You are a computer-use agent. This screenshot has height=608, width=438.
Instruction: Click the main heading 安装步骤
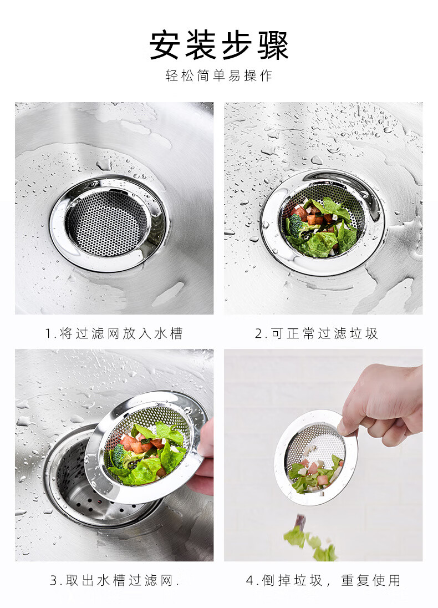219,45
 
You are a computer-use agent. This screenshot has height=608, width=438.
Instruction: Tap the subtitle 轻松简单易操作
219,75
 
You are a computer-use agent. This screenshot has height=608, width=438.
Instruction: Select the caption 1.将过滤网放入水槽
114,333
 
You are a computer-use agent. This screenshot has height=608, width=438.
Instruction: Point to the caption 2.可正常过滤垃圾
316,333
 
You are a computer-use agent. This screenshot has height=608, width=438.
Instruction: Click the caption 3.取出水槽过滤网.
114,580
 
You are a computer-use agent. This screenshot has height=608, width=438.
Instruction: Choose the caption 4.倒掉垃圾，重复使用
323,580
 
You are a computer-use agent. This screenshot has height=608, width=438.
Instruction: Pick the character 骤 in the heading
273,45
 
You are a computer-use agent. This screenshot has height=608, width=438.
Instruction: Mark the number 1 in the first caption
48,334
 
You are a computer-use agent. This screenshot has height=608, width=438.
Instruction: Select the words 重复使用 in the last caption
370,580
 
